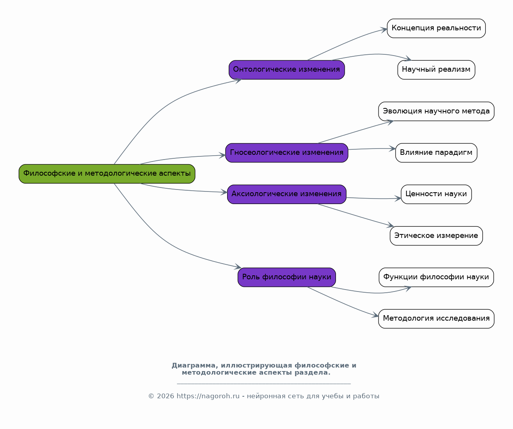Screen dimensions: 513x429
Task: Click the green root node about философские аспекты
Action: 107,174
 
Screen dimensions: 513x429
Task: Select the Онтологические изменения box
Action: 287,70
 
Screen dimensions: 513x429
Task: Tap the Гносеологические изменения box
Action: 287,153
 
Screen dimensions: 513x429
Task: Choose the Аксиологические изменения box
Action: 287,194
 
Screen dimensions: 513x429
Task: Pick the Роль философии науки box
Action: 287,277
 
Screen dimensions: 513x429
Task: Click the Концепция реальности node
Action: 437,28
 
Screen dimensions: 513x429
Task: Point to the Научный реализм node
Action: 437,70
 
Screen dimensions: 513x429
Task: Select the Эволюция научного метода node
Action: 437,111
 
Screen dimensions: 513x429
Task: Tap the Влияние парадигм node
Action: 437,153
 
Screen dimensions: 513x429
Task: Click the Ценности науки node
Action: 437,194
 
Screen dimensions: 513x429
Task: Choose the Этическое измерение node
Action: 437,236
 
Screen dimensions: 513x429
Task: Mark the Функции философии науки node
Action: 437,277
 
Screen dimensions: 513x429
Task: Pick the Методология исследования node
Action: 437,319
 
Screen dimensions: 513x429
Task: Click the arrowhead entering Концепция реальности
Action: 384,30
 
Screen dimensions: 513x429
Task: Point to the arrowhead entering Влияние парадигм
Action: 392,149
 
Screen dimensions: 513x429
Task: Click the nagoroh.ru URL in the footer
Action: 208,396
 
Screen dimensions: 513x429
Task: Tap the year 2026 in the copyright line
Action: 165,396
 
